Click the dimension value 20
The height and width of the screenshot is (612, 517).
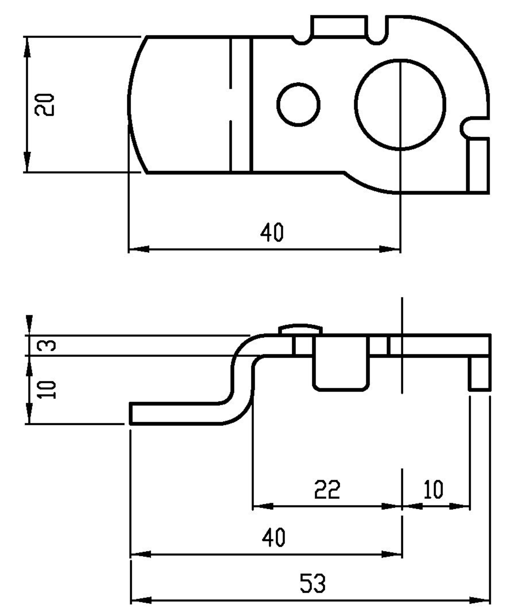coord(45,105)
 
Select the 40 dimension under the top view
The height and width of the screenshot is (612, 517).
coord(272,232)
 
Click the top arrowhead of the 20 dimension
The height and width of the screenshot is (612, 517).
coord(27,47)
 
